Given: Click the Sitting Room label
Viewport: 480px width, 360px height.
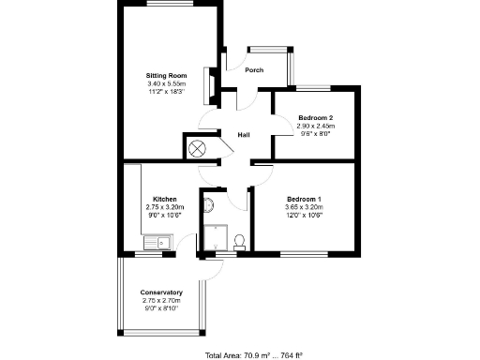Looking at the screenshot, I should tap(166, 75).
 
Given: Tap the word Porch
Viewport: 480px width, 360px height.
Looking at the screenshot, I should tap(253, 70).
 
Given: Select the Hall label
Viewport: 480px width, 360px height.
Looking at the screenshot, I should tap(244, 135).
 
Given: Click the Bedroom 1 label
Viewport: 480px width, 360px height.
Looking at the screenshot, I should tap(304, 199).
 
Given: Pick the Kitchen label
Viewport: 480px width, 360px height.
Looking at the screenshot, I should tap(165, 199).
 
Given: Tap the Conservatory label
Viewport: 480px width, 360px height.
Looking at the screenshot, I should tap(161, 292).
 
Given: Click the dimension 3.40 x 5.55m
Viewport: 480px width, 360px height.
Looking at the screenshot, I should tap(166, 83).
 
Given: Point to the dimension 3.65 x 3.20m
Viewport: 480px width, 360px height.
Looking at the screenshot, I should tap(304, 207).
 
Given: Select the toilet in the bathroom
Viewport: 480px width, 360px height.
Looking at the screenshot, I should tap(239, 241).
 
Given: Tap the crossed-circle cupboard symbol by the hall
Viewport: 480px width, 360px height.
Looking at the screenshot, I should tap(198, 148).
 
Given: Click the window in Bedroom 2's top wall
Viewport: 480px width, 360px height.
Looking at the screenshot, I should tap(314, 88).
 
